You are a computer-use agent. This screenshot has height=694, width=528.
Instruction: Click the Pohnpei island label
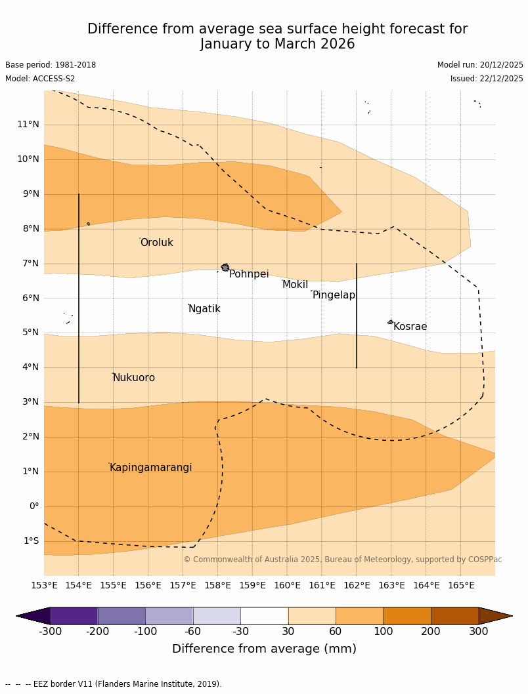tap(249, 274)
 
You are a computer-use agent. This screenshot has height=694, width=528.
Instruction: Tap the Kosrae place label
tap(410, 327)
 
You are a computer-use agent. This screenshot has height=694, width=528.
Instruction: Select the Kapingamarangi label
tap(150, 468)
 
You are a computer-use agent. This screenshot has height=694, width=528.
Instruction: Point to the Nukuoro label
tap(134, 378)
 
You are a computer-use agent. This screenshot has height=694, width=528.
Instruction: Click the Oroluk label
tap(156, 243)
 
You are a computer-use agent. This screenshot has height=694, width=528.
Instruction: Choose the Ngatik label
tap(204, 309)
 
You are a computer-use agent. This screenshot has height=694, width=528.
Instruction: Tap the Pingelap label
tap(334, 295)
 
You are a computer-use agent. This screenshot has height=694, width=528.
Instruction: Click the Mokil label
tap(295, 285)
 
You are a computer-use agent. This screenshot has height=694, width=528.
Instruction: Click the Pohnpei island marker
tap(225, 268)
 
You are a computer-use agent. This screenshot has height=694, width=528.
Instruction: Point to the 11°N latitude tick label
tap(28, 125)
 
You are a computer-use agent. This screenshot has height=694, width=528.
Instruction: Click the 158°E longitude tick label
tap(217, 585)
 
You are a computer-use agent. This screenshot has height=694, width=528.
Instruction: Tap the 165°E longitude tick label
tap(461, 585)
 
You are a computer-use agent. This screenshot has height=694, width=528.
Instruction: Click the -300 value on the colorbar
tap(50, 632)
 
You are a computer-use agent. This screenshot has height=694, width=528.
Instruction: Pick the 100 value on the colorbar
tap(384, 632)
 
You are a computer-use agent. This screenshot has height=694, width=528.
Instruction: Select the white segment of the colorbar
tap(264, 616)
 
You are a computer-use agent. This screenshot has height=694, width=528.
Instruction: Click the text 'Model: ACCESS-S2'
tap(40, 79)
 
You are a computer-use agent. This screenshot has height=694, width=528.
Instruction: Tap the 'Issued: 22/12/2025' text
tap(487, 79)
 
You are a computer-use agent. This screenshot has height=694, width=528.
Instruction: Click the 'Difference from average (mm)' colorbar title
tap(264, 649)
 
